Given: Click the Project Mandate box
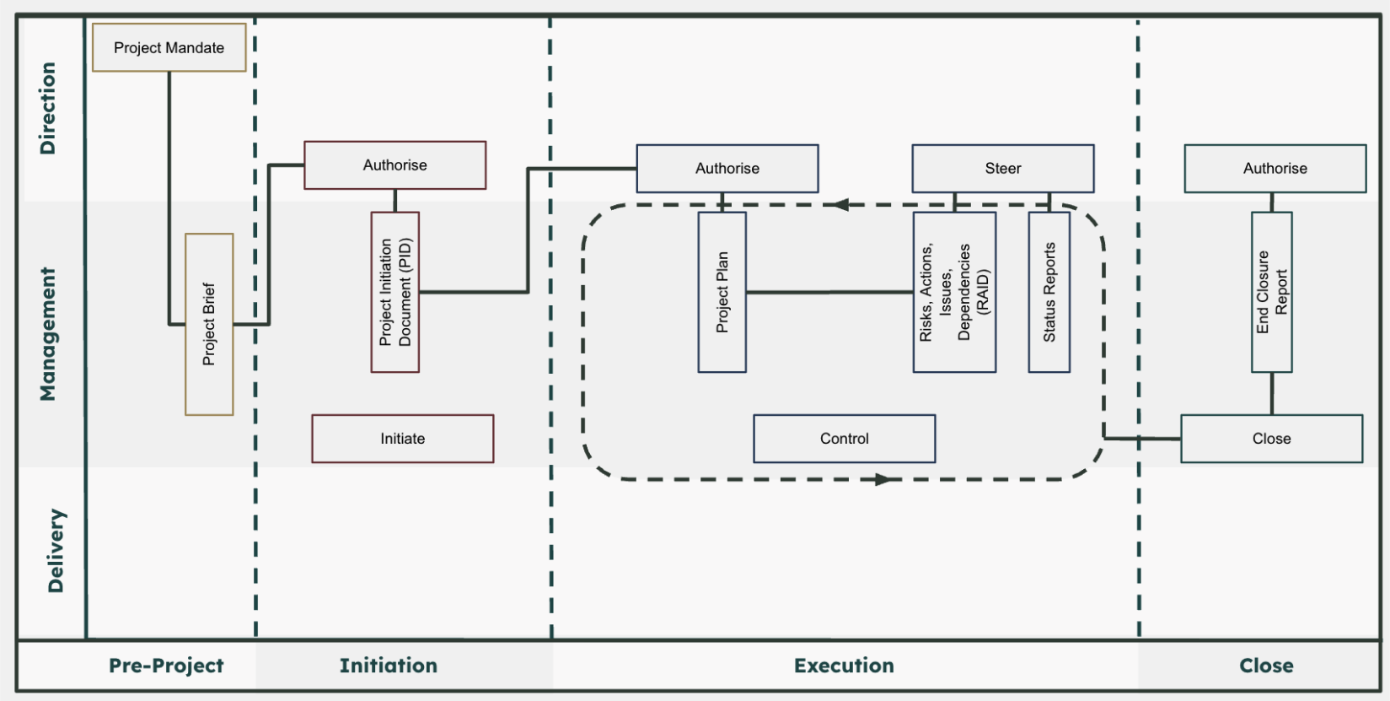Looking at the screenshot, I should [169, 48].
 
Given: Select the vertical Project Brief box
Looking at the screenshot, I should [209, 324].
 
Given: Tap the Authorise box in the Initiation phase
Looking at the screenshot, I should [394, 165].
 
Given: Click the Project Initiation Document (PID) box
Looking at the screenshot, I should [394, 292].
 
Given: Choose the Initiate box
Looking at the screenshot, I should [402, 439].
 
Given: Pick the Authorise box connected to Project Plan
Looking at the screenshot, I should [727, 169].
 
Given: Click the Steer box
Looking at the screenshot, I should [1002, 169].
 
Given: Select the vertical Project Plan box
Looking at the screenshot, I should [722, 292].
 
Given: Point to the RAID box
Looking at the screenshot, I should [954, 292].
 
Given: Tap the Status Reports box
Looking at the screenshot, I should [1049, 292].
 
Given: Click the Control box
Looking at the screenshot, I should [844, 439].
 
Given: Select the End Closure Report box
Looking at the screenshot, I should [1271, 292].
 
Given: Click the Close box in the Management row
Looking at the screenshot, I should [1271, 439].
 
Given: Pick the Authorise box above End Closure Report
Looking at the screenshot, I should [1275, 169].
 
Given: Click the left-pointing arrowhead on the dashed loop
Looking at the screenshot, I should [840, 204].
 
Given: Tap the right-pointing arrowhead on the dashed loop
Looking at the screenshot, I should [883, 479].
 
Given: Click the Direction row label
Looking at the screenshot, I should [48, 108].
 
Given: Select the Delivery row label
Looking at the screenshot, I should [56, 550].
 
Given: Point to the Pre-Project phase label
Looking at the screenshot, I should [166, 666].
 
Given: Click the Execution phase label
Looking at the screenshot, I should [844, 666].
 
